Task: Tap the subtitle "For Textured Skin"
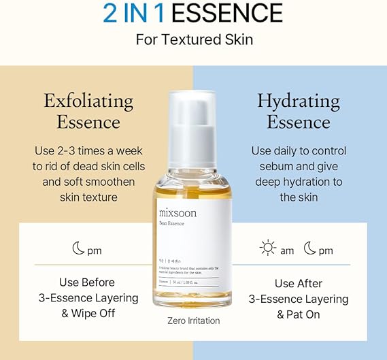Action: (x=194, y=39)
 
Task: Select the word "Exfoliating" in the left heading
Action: (x=88, y=101)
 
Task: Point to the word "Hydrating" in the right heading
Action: (x=299, y=101)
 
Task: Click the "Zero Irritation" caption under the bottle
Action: (x=193, y=321)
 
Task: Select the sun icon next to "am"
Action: (x=268, y=249)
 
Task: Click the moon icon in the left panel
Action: (x=78, y=249)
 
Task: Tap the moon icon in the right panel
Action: (x=310, y=249)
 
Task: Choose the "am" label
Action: (x=287, y=250)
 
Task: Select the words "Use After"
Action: (x=299, y=283)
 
